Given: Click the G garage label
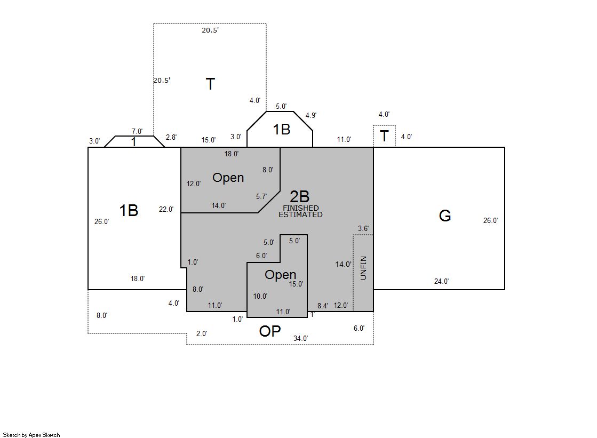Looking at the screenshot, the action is (445, 216).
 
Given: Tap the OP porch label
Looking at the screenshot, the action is (270, 331).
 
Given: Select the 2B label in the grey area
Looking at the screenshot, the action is (300, 196).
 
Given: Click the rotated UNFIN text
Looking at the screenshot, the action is (363, 268).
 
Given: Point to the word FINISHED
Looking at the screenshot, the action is (301, 208).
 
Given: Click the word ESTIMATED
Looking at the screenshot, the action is (300, 214).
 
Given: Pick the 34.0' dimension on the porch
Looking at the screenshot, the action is (301, 338).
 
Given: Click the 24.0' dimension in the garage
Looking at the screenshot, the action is (442, 282).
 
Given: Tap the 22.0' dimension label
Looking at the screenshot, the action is (166, 209).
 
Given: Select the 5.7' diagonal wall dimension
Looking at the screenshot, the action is (261, 196).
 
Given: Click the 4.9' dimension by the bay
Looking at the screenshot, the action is (311, 115).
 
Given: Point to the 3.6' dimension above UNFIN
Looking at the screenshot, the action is (363, 228).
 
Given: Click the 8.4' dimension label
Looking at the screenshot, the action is (323, 306).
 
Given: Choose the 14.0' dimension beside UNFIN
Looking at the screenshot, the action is (343, 264).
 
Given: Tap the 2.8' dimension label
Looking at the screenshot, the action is (171, 137).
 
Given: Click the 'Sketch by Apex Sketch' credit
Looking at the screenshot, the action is (31, 435).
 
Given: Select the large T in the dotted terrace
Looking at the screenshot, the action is (210, 84).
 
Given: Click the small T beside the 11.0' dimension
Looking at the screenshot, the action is (384, 136).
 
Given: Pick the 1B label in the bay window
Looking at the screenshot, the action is (282, 130).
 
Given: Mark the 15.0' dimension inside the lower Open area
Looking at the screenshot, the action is (296, 284).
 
